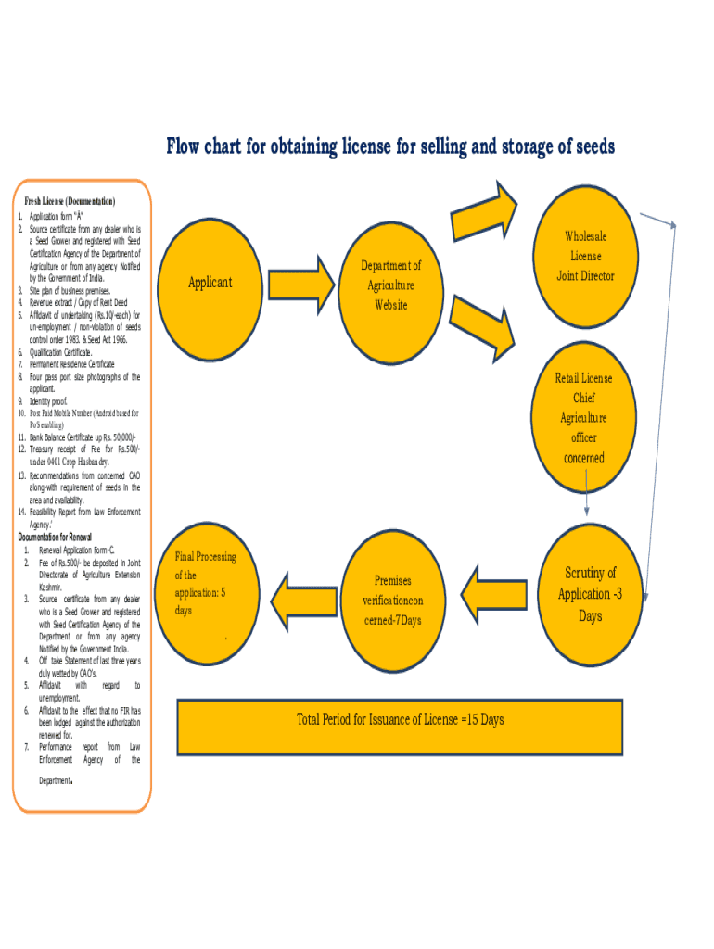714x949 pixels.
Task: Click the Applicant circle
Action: point(210,282)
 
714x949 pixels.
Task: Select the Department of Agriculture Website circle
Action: point(390,285)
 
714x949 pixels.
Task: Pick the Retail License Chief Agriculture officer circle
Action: point(584,417)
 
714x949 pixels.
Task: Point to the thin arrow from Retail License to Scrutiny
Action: point(587,492)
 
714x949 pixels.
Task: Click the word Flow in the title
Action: point(184,146)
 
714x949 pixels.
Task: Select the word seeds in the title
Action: point(590,146)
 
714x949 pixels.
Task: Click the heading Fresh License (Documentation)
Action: point(69,201)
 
